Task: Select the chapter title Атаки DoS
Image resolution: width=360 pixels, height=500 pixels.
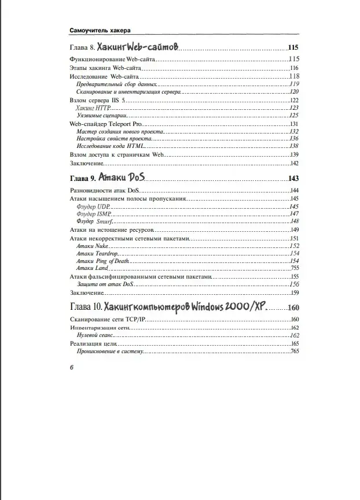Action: (x=120, y=177)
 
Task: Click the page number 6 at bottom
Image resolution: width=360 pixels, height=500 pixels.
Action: (x=71, y=368)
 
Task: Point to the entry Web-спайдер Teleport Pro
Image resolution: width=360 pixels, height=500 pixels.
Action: (x=105, y=124)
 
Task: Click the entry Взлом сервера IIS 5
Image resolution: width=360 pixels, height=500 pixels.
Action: (x=97, y=100)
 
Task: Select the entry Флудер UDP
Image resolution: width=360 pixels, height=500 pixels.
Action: (x=93, y=206)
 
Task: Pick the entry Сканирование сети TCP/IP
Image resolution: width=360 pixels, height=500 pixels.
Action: (x=108, y=320)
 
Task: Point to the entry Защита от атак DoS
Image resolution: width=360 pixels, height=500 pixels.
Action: (x=105, y=284)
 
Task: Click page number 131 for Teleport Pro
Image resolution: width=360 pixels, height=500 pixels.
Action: (x=293, y=124)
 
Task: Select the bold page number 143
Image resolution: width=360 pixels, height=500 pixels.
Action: (x=293, y=178)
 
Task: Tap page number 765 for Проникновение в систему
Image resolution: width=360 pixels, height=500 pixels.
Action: (x=293, y=351)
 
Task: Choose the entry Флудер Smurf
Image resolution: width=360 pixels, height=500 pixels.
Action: (x=94, y=221)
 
